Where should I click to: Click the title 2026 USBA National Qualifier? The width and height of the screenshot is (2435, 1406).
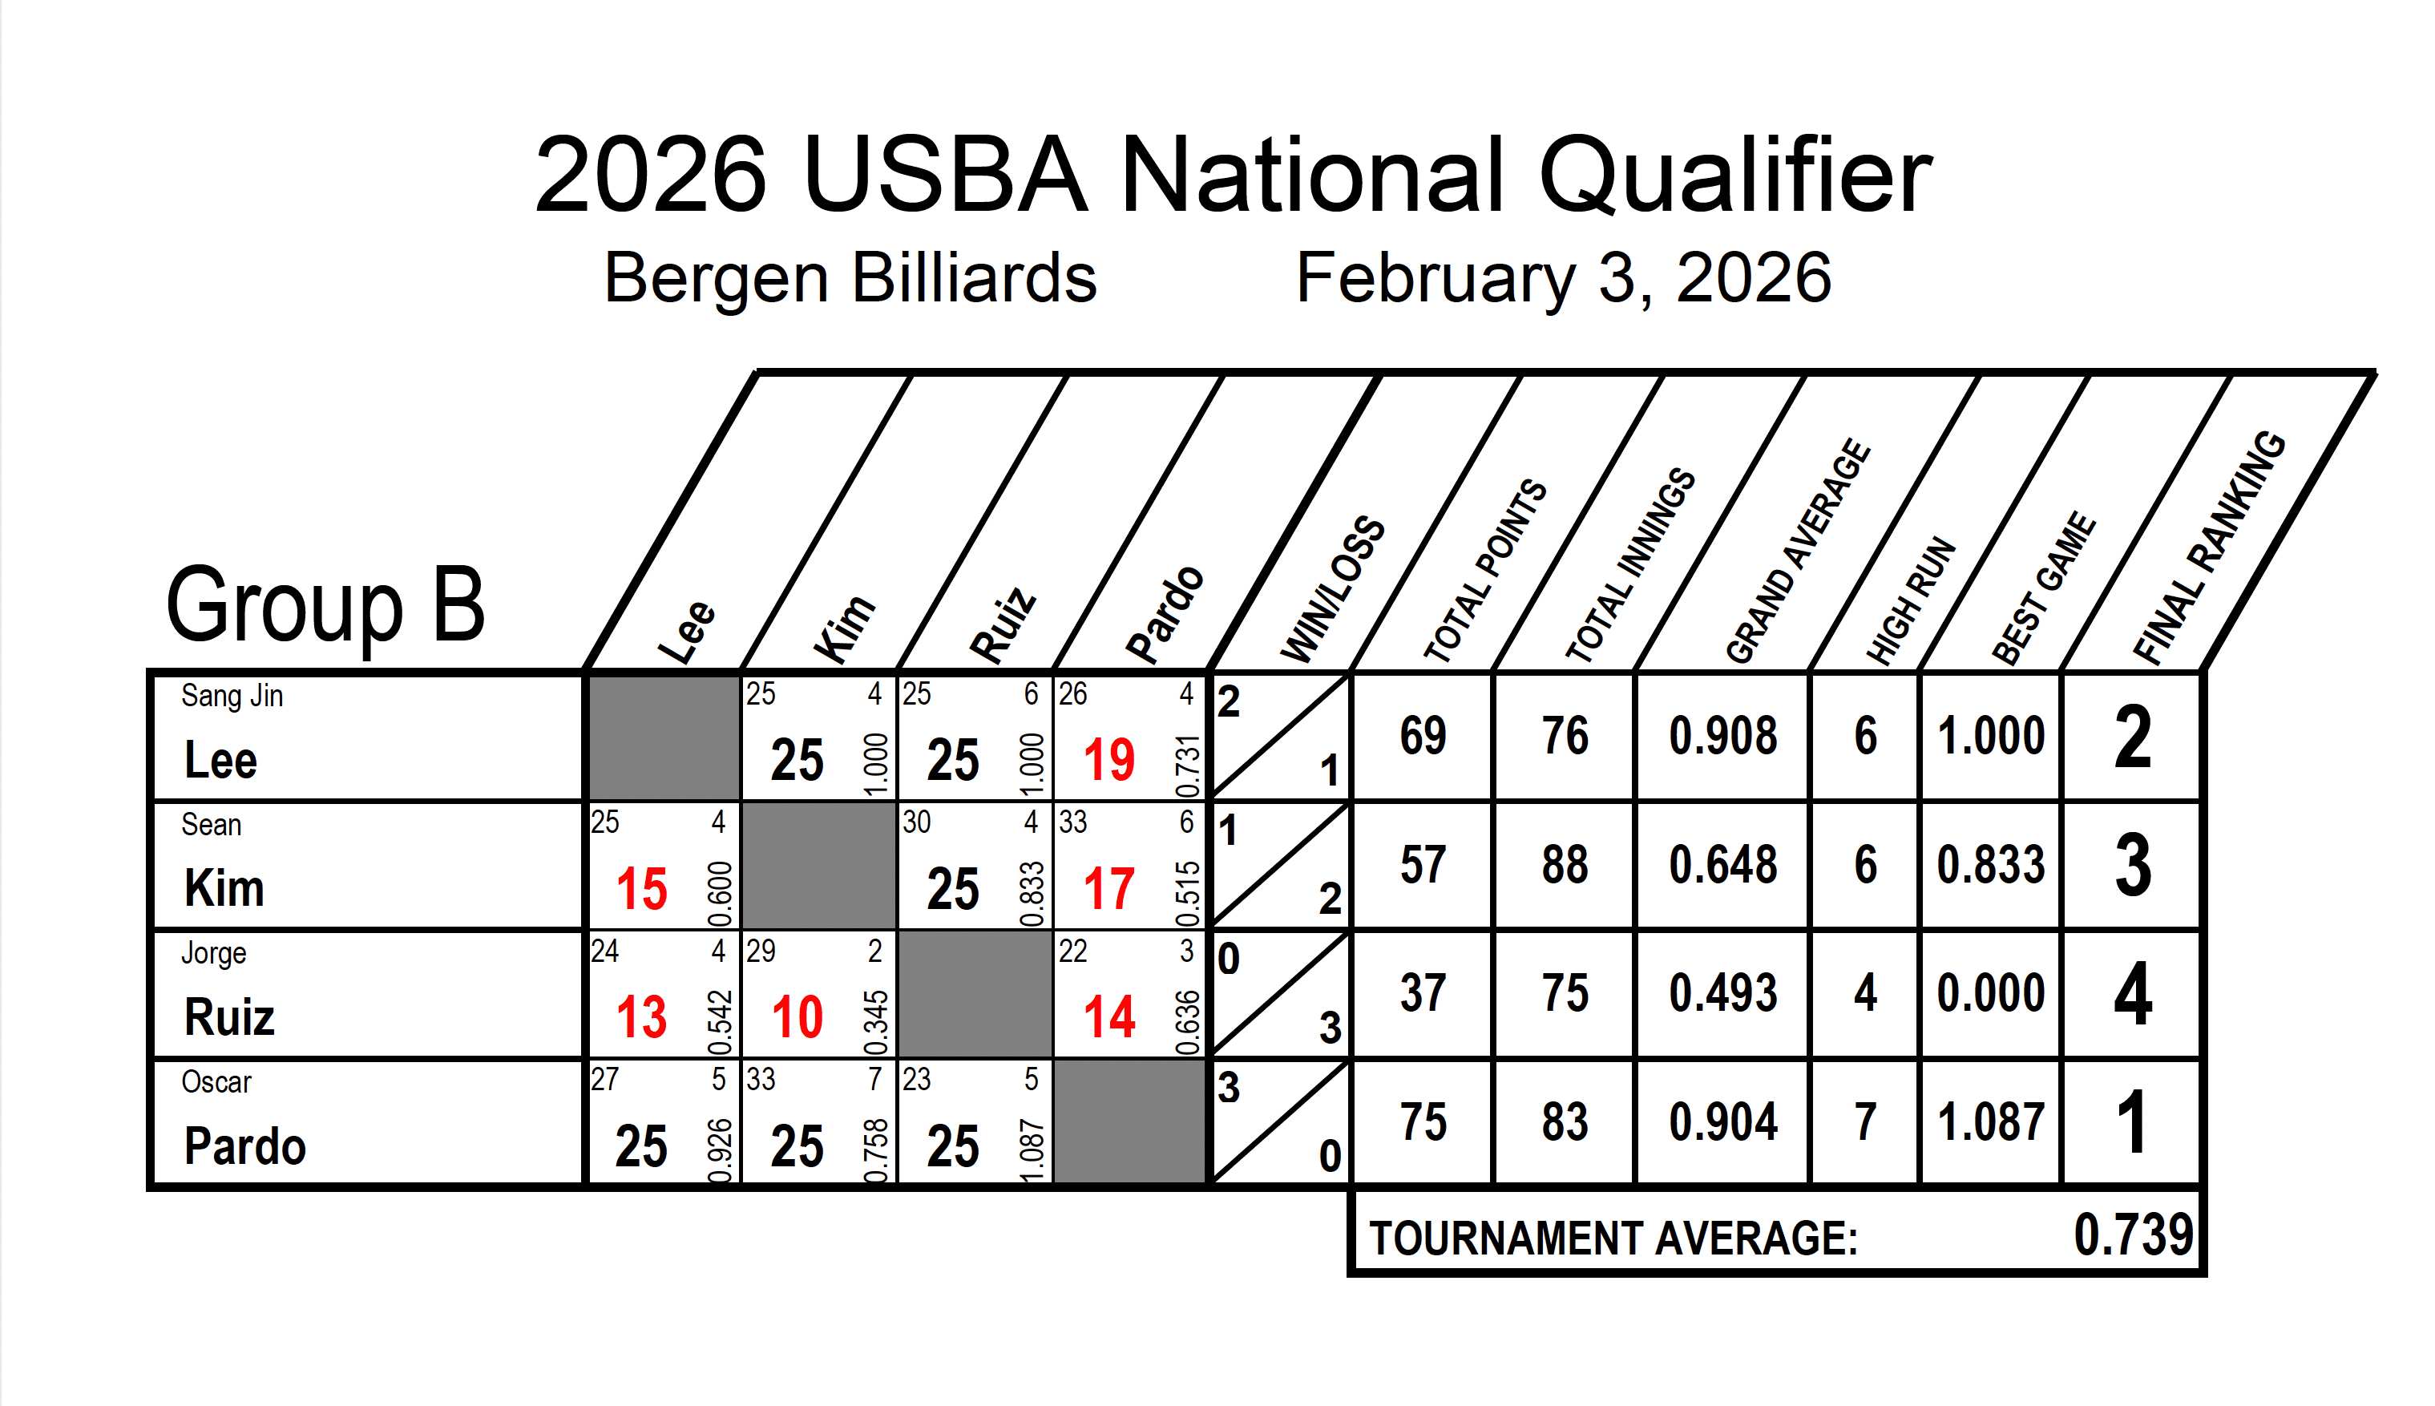point(1233,174)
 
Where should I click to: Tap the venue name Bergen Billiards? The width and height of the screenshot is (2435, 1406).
point(850,278)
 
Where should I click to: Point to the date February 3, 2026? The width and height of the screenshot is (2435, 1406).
point(1563,278)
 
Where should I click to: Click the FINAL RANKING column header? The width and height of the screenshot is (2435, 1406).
point(2208,547)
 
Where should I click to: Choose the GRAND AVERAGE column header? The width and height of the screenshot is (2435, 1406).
point(1798,551)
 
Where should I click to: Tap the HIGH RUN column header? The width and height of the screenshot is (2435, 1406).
point(1910,600)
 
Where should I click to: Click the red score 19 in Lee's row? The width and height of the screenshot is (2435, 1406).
point(1108,759)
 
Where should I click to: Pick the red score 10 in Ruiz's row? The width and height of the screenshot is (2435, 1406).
point(797,1017)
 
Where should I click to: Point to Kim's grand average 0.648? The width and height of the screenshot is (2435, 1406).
point(1722,864)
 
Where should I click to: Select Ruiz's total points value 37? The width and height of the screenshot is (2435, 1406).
point(1423,992)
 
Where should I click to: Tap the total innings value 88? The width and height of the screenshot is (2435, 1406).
point(1564,864)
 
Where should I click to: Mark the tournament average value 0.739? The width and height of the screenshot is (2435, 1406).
point(2134,1235)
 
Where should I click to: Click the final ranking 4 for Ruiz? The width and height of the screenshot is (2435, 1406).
point(2133,992)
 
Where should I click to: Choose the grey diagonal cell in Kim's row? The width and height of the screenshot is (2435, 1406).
point(819,865)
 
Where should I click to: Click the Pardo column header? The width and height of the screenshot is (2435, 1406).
point(1165,615)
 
